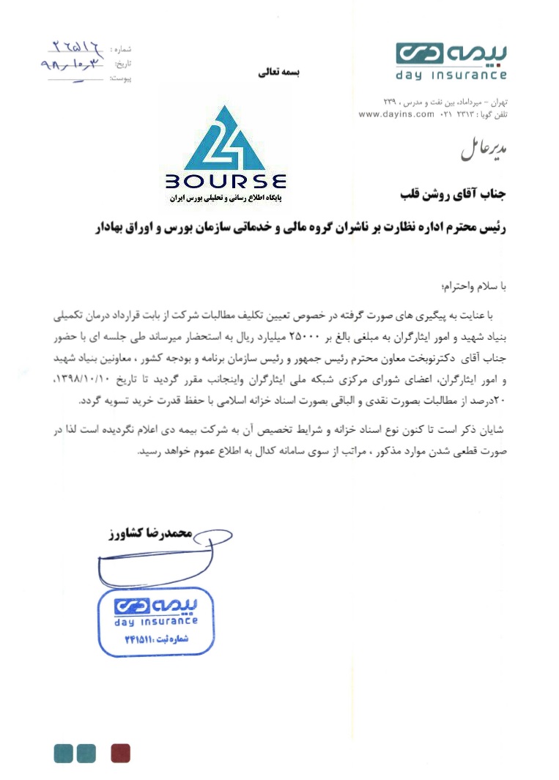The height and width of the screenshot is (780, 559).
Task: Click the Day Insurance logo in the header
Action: tap(451, 61)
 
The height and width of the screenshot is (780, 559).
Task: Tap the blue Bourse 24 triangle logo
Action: tap(226, 139)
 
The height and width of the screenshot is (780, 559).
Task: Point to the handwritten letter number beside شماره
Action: tap(76, 48)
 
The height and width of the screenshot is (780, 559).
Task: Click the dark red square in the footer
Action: tap(120, 753)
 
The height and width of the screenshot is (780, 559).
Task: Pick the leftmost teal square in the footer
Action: tap(64, 753)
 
